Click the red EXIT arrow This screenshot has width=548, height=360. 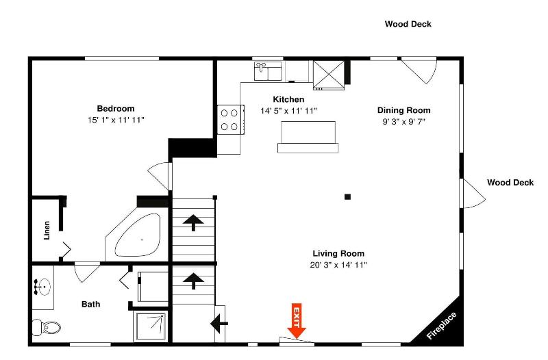pos(297,320)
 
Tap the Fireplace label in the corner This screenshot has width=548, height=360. pos(441,325)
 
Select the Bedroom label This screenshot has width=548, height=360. pos(116,109)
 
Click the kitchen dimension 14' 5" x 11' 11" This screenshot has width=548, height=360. pos(288,111)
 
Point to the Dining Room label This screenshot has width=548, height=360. pos(403,110)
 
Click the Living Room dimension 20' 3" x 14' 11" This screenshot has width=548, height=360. pos(338,265)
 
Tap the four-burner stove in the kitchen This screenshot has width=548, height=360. pos(230,119)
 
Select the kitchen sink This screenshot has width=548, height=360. pos(268,71)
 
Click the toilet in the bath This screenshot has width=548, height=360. pos(46,327)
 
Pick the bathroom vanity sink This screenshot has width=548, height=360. pos(42,287)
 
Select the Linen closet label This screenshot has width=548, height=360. pos(47,230)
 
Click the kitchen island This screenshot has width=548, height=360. pos(308,137)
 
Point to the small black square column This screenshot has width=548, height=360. pos(347,197)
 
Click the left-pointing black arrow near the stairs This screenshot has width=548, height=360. pos(219,323)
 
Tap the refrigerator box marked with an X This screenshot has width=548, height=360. pos(329,75)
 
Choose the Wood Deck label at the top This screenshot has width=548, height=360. pos(408,24)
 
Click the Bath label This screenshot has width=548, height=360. pos(91,304)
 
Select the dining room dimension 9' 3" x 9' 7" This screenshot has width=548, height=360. pos(403,122)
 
